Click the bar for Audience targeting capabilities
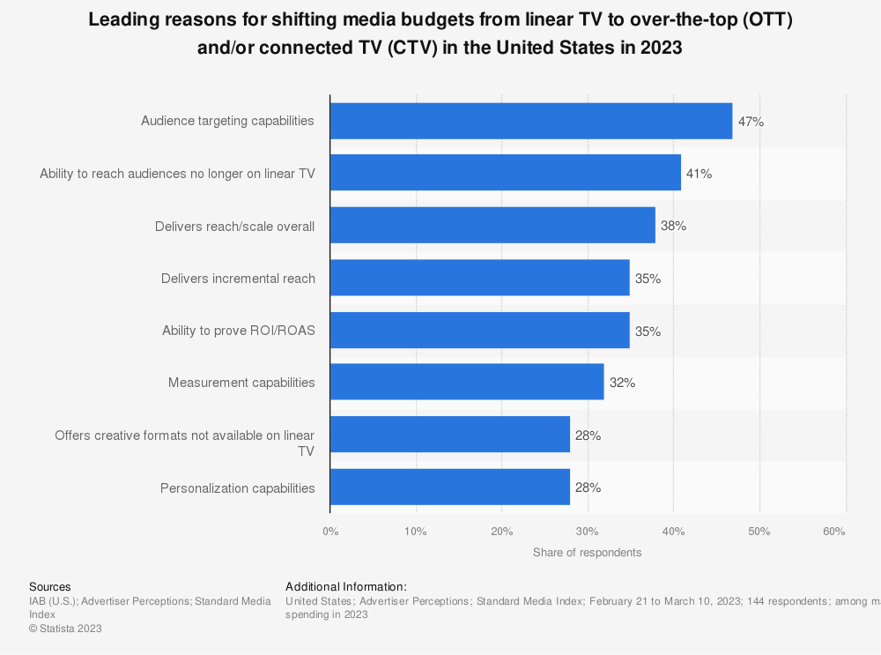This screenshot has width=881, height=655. (531, 121)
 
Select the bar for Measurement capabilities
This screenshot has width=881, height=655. (467, 383)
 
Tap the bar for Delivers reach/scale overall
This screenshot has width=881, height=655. (492, 226)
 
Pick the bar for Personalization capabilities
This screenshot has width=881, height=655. (450, 488)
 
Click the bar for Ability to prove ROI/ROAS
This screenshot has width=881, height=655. (480, 331)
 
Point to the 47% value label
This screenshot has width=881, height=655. (751, 122)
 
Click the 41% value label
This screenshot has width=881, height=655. (699, 174)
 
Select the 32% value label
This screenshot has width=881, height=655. (622, 383)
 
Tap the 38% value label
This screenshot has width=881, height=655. (673, 227)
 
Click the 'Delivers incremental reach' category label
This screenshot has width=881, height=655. (238, 279)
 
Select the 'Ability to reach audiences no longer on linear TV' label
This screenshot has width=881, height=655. (177, 174)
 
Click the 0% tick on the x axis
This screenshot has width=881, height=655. (330, 532)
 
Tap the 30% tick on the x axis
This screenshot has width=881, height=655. (588, 532)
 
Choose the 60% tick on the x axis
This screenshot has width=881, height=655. (834, 532)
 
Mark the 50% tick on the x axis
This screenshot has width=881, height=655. (759, 532)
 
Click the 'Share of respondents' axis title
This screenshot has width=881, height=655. (587, 553)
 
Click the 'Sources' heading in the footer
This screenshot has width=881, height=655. (50, 586)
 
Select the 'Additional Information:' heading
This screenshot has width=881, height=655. (346, 586)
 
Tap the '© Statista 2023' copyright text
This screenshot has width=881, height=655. (66, 629)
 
